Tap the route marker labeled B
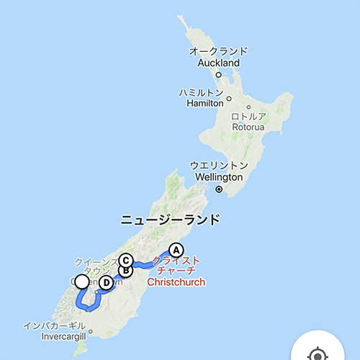(x=125, y=271)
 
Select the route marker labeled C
(x=126, y=261)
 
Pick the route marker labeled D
(x=106, y=282)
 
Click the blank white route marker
(x=82, y=282)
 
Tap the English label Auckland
(x=219, y=63)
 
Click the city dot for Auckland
(x=218, y=74)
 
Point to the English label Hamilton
(x=204, y=104)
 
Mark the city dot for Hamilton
(x=229, y=99)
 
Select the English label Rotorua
(x=249, y=127)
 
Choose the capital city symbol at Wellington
(x=219, y=189)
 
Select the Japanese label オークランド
(x=219, y=52)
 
